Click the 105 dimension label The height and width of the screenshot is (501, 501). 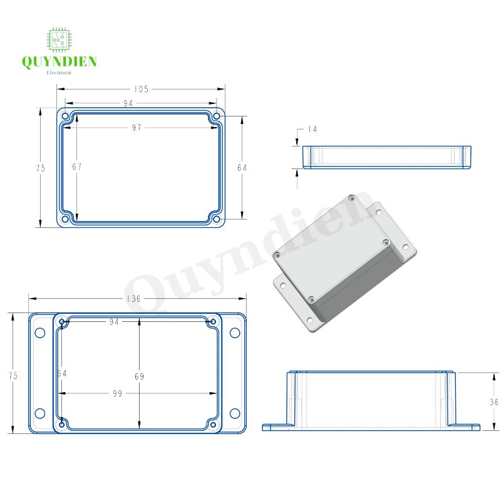pos(141,89)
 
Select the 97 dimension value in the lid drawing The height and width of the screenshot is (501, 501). pos(137,127)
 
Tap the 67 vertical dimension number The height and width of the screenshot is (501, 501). pos(76,167)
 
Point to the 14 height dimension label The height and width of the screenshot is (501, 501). pos(311,129)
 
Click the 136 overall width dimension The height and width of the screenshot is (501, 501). pos(133,299)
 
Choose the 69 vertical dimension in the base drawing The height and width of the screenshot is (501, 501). pos(139,376)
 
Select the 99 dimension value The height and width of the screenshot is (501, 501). pos(117,393)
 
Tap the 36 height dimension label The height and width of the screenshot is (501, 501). pos(493,402)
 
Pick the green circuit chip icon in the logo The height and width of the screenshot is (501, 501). pos(59,39)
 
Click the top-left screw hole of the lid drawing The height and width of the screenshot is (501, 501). pos(65,116)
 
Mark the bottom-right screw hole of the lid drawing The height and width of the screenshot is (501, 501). pos(216,219)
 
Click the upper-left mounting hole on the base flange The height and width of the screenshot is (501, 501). pos(40,332)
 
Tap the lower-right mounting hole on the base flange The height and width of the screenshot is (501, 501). pos(235,413)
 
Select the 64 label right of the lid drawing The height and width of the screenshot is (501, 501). pos(242,167)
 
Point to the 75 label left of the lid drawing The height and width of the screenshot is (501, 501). pos(41,168)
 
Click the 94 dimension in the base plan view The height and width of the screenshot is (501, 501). pos(114,321)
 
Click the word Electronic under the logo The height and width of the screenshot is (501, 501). pos(59,73)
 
